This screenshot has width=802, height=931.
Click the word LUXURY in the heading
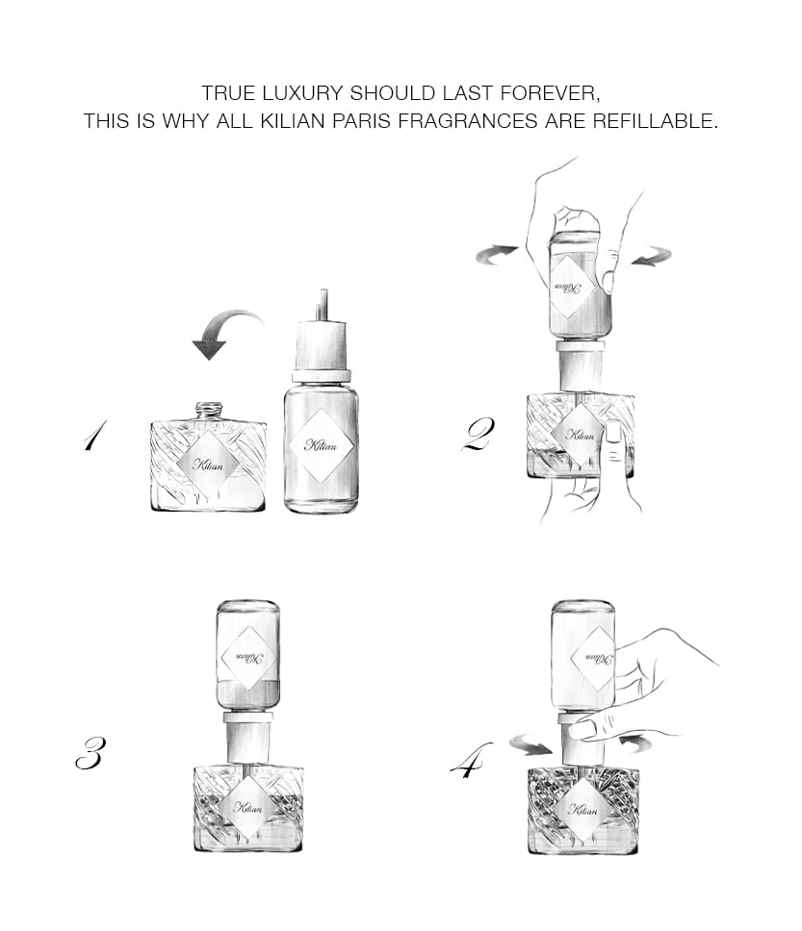[x=299, y=94]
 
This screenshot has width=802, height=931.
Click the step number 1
[x=94, y=438]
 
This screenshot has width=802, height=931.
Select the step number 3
[x=89, y=754]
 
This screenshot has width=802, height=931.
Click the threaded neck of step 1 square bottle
[x=210, y=410]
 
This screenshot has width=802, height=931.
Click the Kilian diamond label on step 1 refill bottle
[x=322, y=444]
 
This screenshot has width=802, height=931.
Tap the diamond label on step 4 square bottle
[x=583, y=809]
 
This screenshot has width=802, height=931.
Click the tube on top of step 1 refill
[x=323, y=303]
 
